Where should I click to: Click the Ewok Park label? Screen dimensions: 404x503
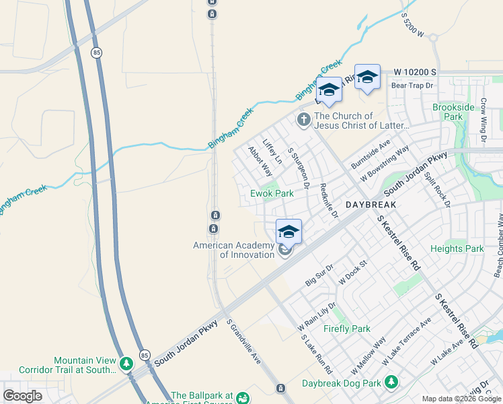click(272, 193)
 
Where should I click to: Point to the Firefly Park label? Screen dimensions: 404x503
click(346, 329)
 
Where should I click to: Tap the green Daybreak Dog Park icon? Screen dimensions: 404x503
click(390, 383)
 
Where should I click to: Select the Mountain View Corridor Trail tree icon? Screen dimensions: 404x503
click(126, 364)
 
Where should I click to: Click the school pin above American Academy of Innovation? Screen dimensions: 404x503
click(288, 231)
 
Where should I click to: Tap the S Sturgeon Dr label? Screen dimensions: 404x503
click(298, 168)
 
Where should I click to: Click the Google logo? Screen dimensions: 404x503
click(22, 395)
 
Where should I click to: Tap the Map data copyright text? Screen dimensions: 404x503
click(461, 399)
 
